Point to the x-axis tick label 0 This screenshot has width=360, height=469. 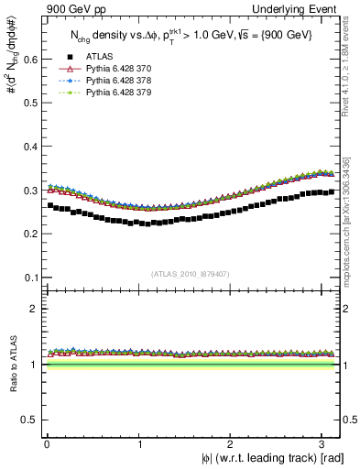point(46,443)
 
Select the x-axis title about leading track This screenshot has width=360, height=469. point(274,458)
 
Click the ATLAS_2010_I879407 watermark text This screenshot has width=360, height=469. point(190,272)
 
